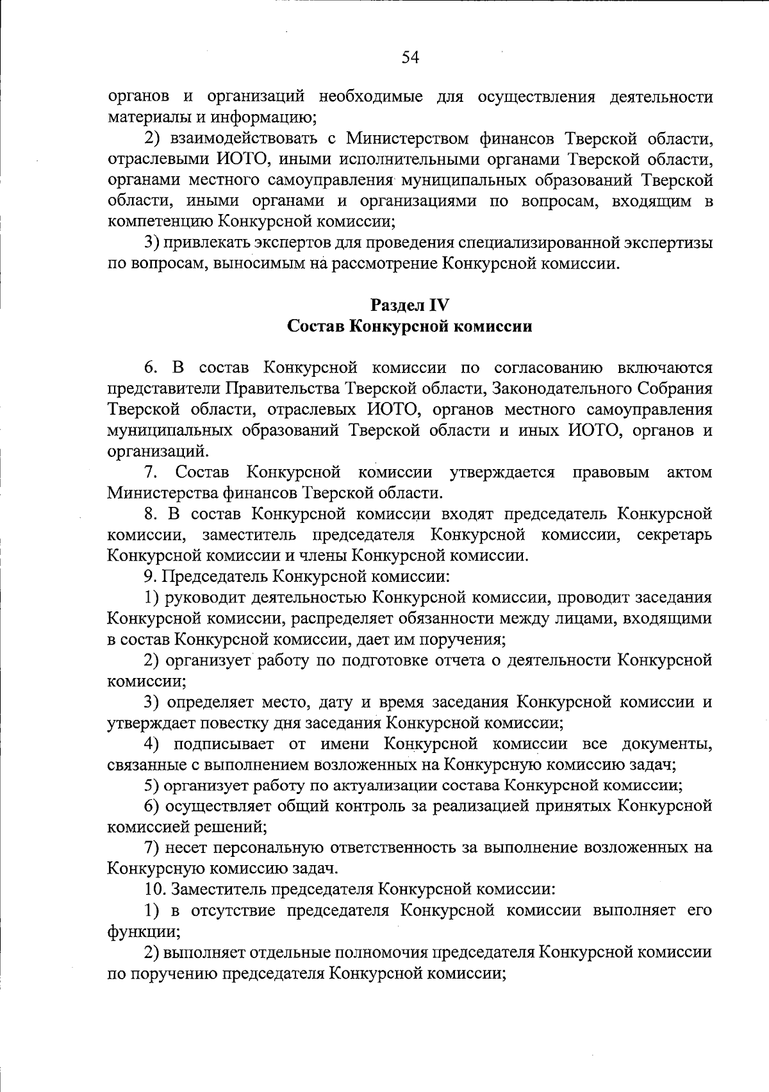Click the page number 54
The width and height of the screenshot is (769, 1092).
pyautogui.click(x=410, y=58)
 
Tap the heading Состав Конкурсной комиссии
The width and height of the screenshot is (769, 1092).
pyautogui.click(x=410, y=326)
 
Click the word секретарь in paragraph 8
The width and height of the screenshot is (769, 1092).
pyautogui.click(x=674, y=534)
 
